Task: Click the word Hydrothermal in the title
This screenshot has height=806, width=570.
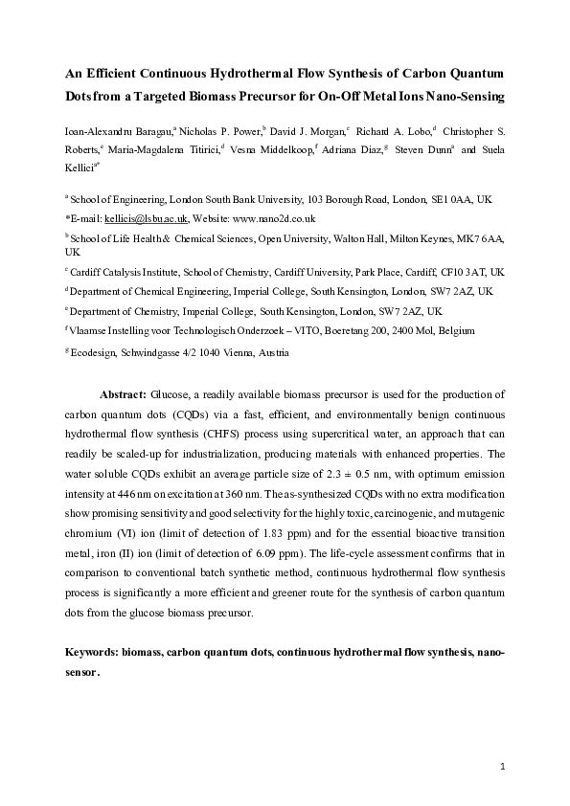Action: [271, 73]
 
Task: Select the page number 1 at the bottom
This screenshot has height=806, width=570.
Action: [502, 767]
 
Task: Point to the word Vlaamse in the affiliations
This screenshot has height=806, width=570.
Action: [88, 331]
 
